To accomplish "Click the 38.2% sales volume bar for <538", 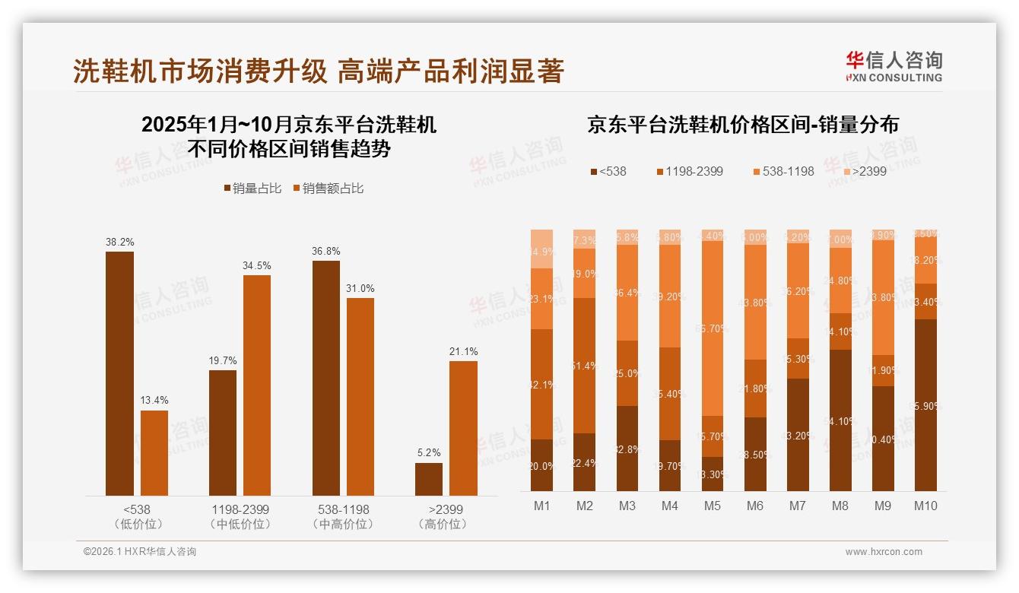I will coord(119,373).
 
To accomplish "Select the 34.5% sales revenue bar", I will coord(257,385).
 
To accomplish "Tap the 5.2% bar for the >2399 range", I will coord(429,479).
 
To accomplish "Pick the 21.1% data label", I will coord(463,351).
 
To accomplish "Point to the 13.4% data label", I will coord(154,401).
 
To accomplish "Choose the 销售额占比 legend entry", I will coord(328,188).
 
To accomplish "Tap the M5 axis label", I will coord(713,506).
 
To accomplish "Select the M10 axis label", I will coord(925,506).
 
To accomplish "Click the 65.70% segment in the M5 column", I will coord(713,328).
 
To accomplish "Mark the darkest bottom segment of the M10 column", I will coord(925,405).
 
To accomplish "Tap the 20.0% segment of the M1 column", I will coord(541,465).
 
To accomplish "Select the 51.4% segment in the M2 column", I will coord(584,366).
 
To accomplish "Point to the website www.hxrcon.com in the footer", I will coord(884,552).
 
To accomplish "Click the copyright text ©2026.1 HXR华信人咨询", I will coord(140,552).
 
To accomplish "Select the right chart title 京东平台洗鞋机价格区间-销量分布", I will coord(742,125).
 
